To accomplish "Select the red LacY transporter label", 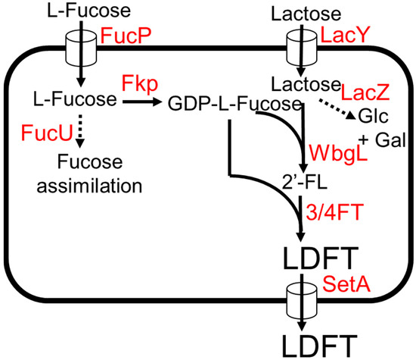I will [x=343, y=35].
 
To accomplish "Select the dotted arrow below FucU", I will [x=79, y=133].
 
